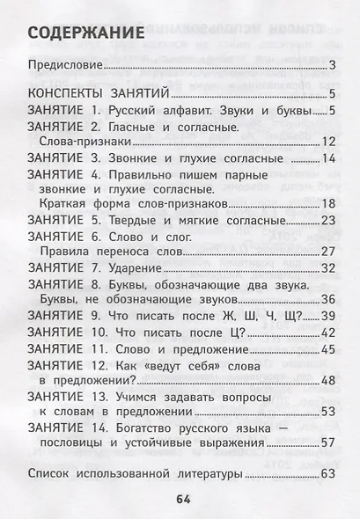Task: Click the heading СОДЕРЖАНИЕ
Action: point(85,33)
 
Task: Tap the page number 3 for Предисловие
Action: point(333,66)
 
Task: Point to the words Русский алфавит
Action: point(165,112)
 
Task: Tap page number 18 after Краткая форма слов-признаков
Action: point(329,205)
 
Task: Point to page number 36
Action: point(329,300)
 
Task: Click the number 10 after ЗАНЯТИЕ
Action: point(99,333)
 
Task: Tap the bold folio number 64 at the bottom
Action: point(182,501)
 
